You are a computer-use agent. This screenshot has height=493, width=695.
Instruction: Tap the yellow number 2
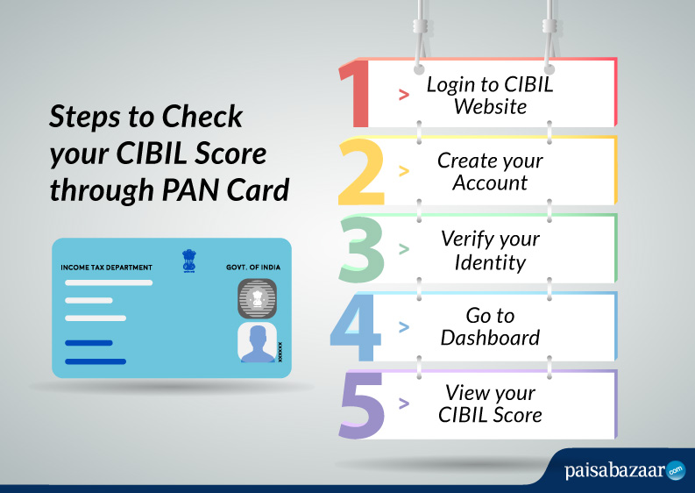pos(361,172)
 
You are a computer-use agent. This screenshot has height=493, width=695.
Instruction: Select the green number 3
pos(361,249)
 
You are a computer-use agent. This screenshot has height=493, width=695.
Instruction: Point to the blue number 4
pos(356,327)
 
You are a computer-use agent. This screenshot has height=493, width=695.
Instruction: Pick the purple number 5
pos(361,405)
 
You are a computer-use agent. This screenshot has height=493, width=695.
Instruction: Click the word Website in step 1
pos(490,106)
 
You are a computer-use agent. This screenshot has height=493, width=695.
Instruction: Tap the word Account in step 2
pos(490,182)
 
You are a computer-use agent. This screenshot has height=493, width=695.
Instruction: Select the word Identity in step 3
pos(490,262)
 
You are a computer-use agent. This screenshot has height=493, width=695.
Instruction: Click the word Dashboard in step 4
pos(490,338)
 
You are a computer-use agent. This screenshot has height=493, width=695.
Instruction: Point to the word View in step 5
pos(465,392)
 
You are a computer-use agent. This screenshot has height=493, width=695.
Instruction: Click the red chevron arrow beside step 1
pos(404,94)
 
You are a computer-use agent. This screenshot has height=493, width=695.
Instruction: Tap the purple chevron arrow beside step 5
pos(404,404)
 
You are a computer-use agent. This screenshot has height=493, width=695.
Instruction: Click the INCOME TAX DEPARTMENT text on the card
pos(106,268)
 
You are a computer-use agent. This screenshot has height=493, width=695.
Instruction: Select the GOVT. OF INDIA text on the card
pos(253,268)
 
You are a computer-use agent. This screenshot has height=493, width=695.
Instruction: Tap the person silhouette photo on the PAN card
pos(257,342)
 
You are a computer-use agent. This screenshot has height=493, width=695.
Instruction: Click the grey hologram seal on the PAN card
pos(257,298)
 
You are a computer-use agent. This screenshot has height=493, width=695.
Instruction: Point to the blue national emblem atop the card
pos(188,261)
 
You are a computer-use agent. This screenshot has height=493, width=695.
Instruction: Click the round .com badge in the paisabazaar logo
pos(676,471)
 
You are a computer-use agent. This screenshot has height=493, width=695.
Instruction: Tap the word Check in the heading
pos(202,117)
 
